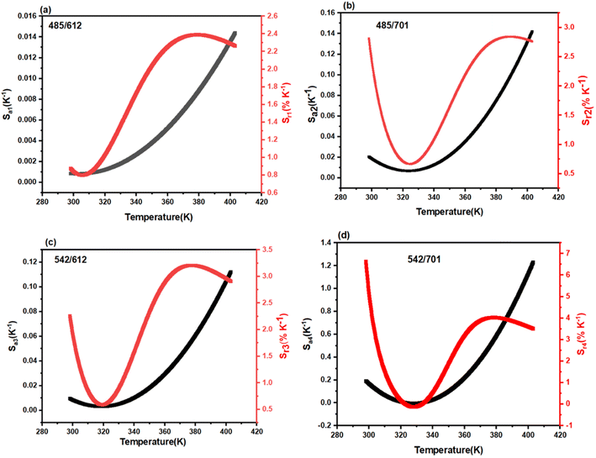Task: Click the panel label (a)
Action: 46,10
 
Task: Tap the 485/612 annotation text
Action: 65,26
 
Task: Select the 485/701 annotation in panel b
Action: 392,25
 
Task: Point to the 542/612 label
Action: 71,260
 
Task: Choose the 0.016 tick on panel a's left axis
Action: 28,16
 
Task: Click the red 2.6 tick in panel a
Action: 272,16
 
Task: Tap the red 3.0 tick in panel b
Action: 569,27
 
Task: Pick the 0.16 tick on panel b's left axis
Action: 328,13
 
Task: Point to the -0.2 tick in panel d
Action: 326,425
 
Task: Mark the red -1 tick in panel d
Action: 568,425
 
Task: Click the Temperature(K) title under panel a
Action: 159,217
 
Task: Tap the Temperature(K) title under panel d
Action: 449,450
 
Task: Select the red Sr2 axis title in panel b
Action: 586,100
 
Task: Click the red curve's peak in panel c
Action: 190,266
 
